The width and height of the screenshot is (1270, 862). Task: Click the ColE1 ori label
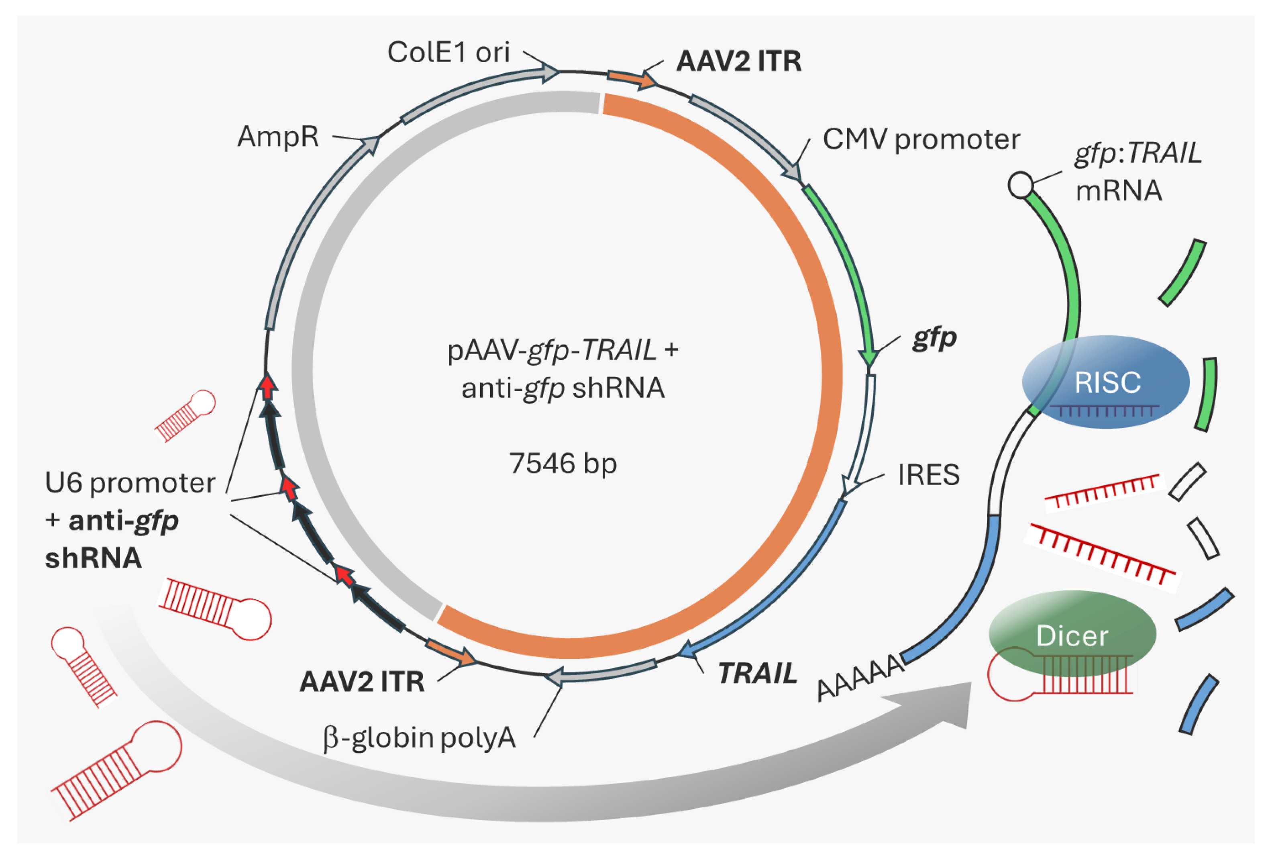pyautogui.click(x=448, y=53)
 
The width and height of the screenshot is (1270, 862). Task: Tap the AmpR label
pyautogui.click(x=277, y=137)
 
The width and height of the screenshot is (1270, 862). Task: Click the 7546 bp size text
pyautogui.click(x=563, y=464)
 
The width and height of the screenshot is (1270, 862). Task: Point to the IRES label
pyautogui.click(x=928, y=474)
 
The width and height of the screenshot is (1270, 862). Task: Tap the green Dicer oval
pyautogui.click(x=1072, y=634)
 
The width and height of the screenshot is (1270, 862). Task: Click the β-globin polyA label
pyautogui.click(x=419, y=738)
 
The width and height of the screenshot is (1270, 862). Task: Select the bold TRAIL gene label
pyautogui.click(x=757, y=674)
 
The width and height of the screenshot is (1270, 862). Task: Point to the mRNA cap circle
pyautogui.click(x=1020, y=185)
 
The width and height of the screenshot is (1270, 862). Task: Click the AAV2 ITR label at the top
pyautogui.click(x=739, y=61)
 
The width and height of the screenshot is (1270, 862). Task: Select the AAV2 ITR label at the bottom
pyautogui.click(x=362, y=682)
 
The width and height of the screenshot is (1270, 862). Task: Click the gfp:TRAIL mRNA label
pyautogui.click(x=1138, y=172)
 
